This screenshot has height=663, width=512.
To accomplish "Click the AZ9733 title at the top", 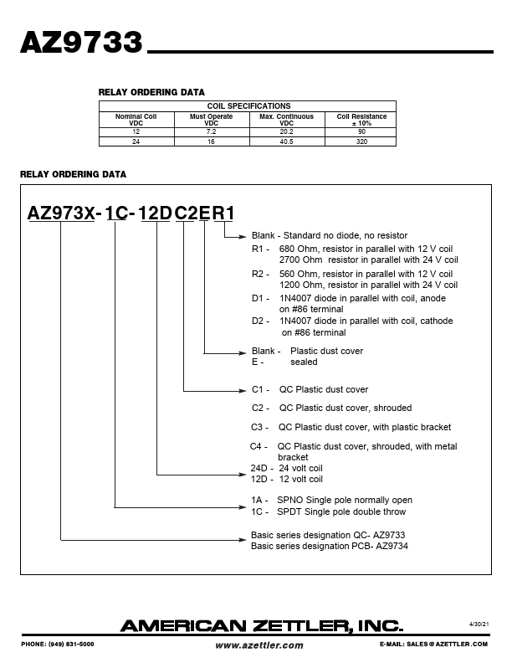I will click(x=81, y=44).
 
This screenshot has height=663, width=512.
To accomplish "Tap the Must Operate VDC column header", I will click(x=211, y=120).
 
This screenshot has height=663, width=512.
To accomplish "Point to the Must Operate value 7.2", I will click(x=211, y=132).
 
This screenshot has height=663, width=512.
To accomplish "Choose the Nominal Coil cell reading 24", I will click(x=136, y=141).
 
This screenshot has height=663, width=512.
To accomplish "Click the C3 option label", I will click(x=259, y=426).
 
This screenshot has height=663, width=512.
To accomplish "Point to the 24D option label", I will click(x=259, y=468).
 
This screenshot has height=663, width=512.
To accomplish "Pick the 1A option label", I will click(x=258, y=500).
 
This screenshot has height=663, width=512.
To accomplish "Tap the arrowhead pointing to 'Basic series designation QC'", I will click(x=244, y=539).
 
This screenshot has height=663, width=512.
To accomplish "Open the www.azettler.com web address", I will click(x=259, y=645).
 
